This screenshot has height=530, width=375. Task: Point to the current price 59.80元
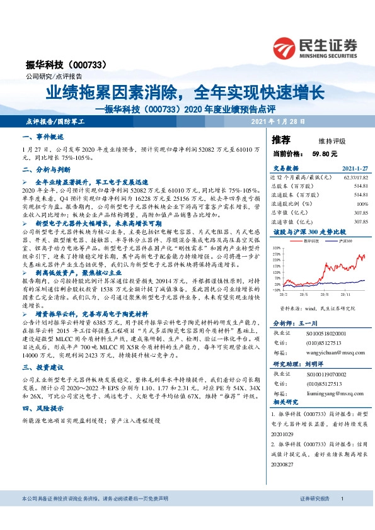point(325,153)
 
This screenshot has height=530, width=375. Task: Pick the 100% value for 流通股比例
point(362,204)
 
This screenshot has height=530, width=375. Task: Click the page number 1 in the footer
point(342,516)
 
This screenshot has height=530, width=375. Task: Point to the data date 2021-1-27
point(355,169)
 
